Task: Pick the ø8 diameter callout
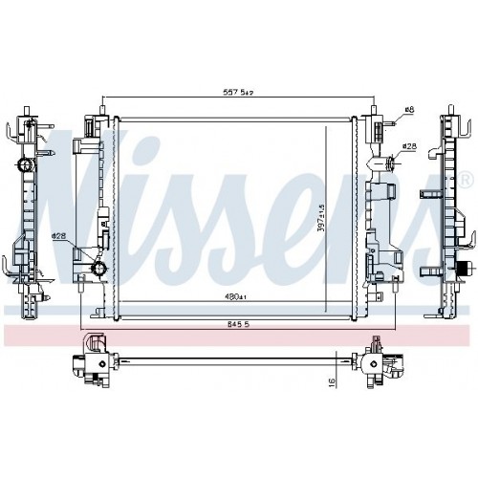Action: [x=407, y=111]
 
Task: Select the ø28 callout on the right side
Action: [x=408, y=146]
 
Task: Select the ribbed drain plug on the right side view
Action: [x=464, y=270]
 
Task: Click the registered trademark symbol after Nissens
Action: [x=466, y=180]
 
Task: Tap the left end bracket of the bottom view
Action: [x=94, y=365]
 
